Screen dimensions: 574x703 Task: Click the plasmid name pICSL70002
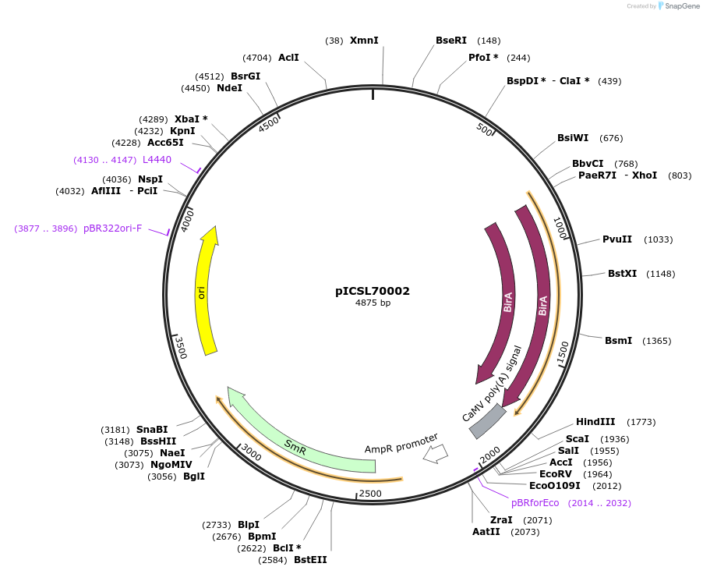click(x=373, y=291)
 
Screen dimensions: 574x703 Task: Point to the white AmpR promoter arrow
click(x=435, y=453)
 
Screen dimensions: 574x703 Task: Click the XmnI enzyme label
click(x=364, y=40)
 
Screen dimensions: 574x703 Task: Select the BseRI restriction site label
click(x=451, y=41)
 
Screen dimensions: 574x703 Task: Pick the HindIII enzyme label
click(x=595, y=422)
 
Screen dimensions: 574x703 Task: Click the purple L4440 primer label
click(x=157, y=160)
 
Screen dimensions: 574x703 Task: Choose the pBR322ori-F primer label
click(x=112, y=229)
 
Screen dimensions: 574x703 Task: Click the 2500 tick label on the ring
click(x=369, y=494)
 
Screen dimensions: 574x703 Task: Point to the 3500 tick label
click(x=180, y=346)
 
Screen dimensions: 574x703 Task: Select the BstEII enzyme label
click(x=310, y=559)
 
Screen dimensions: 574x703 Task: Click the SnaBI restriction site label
click(x=152, y=430)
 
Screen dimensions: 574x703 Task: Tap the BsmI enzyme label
click(x=618, y=341)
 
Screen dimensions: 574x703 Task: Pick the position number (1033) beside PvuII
click(x=658, y=239)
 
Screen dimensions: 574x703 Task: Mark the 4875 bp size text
click(x=373, y=303)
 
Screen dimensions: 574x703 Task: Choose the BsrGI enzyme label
click(x=246, y=76)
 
